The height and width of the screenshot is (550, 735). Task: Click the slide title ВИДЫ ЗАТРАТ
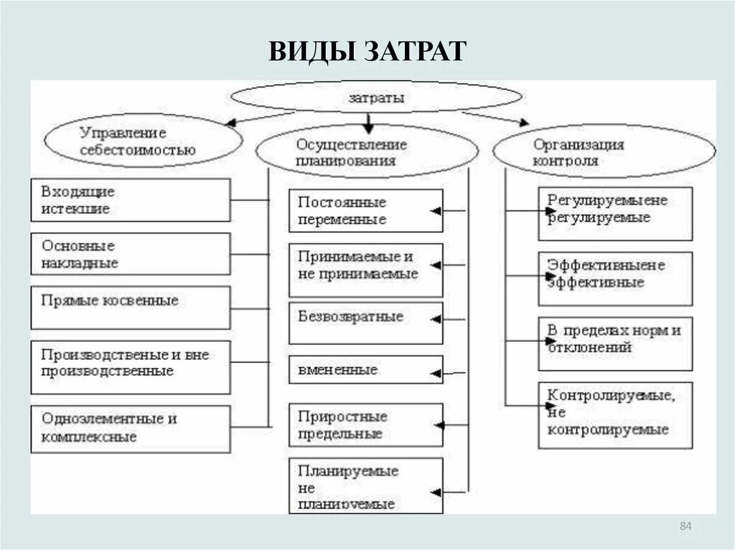[367, 52]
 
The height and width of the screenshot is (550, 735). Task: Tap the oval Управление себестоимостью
[143, 141]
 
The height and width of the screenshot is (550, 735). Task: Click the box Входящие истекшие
[130, 200]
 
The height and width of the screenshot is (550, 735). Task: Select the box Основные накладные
[130, 254]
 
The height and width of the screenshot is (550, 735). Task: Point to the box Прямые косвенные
[130, 307]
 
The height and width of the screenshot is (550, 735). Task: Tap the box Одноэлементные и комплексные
[130, 428]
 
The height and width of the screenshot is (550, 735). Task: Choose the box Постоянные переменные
[365, 211]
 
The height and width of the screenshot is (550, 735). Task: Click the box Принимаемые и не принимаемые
[365, 270]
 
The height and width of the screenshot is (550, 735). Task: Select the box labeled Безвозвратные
[365, 323]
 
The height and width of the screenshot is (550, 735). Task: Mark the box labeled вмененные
[365, 370]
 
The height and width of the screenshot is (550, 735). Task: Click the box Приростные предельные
[365, 425]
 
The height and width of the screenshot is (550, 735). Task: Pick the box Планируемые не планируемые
[365, 486]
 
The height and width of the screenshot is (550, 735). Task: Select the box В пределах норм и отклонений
[615, 343]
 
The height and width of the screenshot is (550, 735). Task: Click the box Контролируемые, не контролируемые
[615, 414]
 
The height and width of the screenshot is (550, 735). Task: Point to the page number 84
[685, 528]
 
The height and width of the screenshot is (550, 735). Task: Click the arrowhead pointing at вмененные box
[434, 373]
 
